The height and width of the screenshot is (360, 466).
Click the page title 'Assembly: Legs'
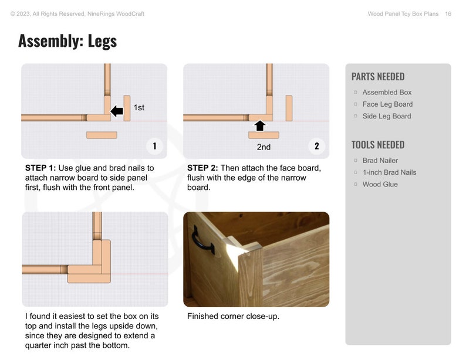click(67, 41)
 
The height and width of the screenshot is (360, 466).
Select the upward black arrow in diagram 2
click(260, 125)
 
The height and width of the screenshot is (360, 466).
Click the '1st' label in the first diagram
click(139, 108)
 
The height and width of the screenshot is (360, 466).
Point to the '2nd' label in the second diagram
click(264, 147)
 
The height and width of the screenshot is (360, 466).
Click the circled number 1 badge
click(154, 146)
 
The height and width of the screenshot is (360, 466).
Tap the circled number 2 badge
click(316, 146)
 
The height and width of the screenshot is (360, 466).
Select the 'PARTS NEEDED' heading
click(377, 77)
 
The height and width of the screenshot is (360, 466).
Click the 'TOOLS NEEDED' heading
click(377, 145)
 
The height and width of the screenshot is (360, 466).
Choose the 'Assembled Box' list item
click(387, 93)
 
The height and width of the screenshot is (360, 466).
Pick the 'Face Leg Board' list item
click(387, 104)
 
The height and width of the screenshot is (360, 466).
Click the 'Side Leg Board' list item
click(386, 116)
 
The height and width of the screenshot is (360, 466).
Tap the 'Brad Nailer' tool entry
click(380, 161)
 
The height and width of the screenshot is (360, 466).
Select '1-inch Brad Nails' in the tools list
click(389, 172)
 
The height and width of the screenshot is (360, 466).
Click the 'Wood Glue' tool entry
click(380, 184)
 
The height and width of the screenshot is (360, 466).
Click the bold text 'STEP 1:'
click(40, 168)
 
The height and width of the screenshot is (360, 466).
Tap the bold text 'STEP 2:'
click(202, 168)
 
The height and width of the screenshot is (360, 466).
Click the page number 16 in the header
click(448, 13)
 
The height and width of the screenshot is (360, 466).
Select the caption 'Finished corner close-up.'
click(233, 317)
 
